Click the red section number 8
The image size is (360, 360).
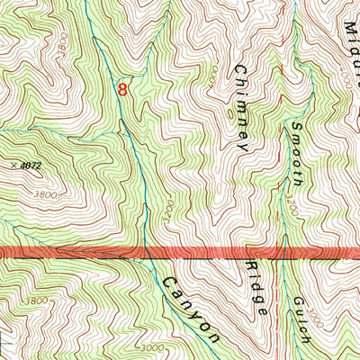tap(122, 88)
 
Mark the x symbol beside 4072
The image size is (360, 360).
tap(16, 165)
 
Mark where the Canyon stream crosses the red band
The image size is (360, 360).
tap(146, 254)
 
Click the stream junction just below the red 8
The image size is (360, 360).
tap(123, 132)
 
